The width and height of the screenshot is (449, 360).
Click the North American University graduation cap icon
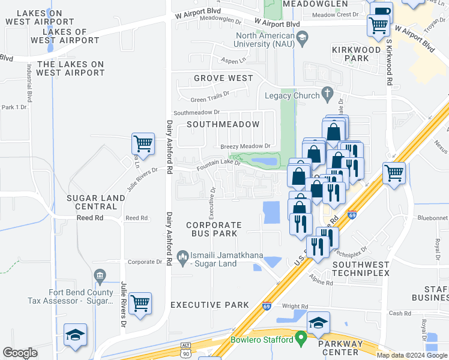[x=303, y=37]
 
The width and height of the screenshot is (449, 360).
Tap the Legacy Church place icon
[x=327, y=93]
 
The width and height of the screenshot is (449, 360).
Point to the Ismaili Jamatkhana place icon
[x=183, y=258]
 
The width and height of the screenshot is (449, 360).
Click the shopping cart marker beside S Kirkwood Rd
[x=394, y=173]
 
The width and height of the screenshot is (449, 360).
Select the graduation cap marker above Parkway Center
[x=318, y=323]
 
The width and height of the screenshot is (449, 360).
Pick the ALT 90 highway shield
[x=186, y=349]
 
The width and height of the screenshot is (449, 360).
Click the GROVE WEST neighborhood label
[x=223, y=78]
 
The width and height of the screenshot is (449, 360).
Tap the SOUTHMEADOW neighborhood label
[x=223, y=124]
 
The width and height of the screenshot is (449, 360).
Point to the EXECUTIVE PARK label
[x=209, y=305]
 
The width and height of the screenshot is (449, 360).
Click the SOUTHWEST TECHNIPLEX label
[x=361, y=269]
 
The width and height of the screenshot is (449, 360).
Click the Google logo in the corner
[x=20, y=353]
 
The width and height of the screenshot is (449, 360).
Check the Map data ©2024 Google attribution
[x=411, y=355]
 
